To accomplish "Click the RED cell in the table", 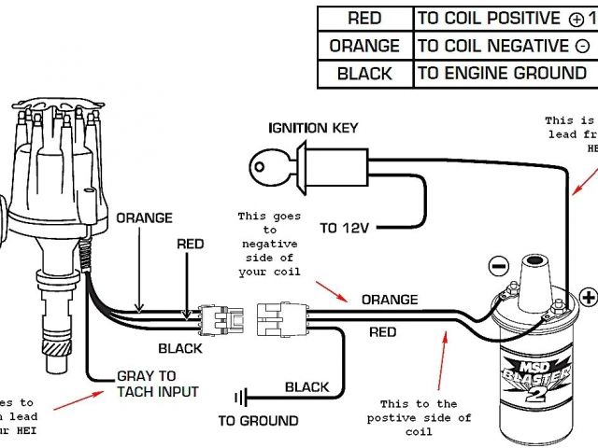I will (364, 19).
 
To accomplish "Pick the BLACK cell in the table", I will (364, 74).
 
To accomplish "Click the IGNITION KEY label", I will (312, 127).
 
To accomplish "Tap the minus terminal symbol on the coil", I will (498, 266).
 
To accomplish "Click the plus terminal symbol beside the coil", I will (588, 298).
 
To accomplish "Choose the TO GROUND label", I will (258, 421).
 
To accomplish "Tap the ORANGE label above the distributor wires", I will (144, 217).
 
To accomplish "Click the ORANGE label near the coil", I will (390, 300).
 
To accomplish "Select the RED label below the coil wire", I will (382, 331).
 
